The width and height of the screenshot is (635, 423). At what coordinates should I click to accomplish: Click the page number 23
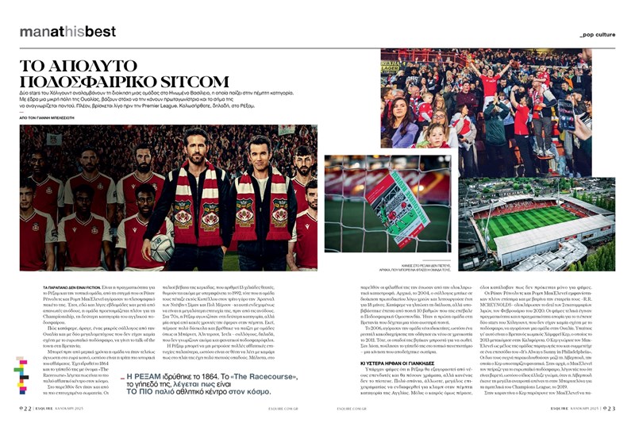(608, 408)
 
